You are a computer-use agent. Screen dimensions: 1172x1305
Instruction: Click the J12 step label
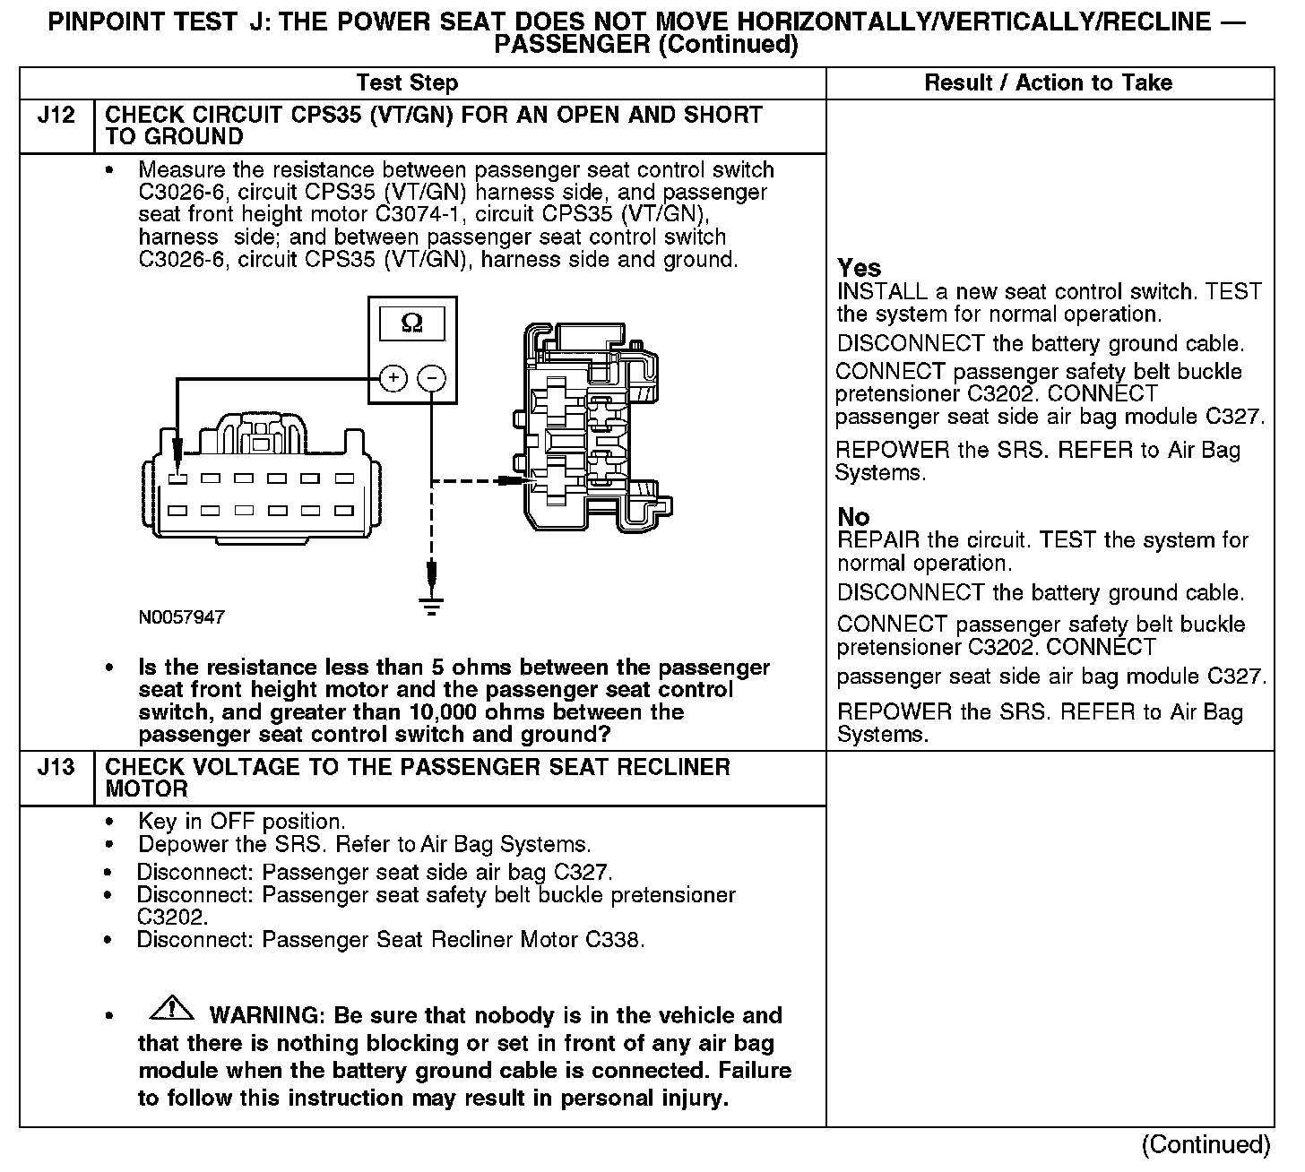56,116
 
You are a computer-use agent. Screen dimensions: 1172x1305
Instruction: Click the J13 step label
56,768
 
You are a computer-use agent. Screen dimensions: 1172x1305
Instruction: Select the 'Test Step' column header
407,83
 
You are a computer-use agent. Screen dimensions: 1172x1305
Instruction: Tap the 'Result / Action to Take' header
1048,83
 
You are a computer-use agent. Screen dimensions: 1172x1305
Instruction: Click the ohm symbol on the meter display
412,323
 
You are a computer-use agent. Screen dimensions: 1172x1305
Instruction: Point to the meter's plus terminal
393,378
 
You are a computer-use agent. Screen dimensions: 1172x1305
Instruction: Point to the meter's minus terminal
432,378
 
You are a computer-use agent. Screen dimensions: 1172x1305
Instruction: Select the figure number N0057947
182,617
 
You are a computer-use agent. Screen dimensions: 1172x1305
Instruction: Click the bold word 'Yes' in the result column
859,268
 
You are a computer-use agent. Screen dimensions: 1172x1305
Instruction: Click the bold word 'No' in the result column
853,517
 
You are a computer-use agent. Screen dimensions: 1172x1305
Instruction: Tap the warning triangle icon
173,1009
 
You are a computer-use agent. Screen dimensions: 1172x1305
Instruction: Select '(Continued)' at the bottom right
1206,1145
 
